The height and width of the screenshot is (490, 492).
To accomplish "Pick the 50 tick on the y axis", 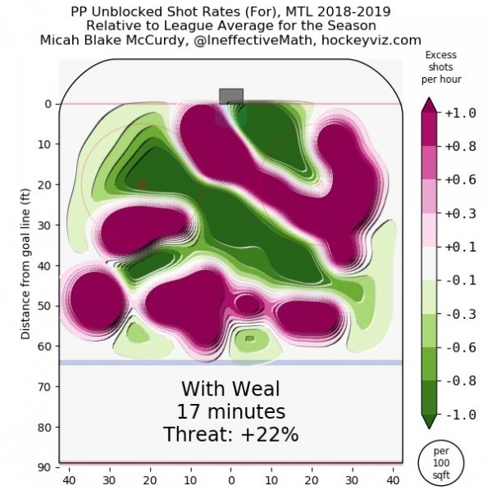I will click(46, 306).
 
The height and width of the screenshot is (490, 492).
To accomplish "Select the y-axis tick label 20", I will click(46, 185).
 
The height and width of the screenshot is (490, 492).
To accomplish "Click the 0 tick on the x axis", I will click(231, 479).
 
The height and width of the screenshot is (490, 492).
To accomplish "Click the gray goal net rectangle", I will click(231, 95).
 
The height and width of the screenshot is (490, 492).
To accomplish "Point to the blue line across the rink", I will click(230, 362).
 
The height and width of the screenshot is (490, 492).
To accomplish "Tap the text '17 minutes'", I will click(230, 411).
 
